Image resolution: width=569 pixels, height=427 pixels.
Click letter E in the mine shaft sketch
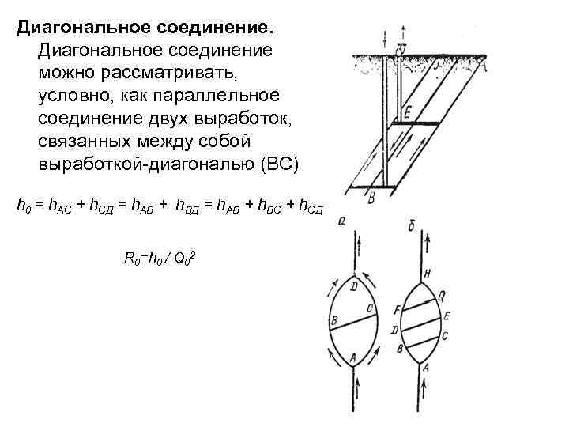[x=407, y=112]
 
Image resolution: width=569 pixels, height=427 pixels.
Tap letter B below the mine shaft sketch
[x=371, y=199]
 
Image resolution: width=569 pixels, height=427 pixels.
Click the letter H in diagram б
[x=427, y=274]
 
